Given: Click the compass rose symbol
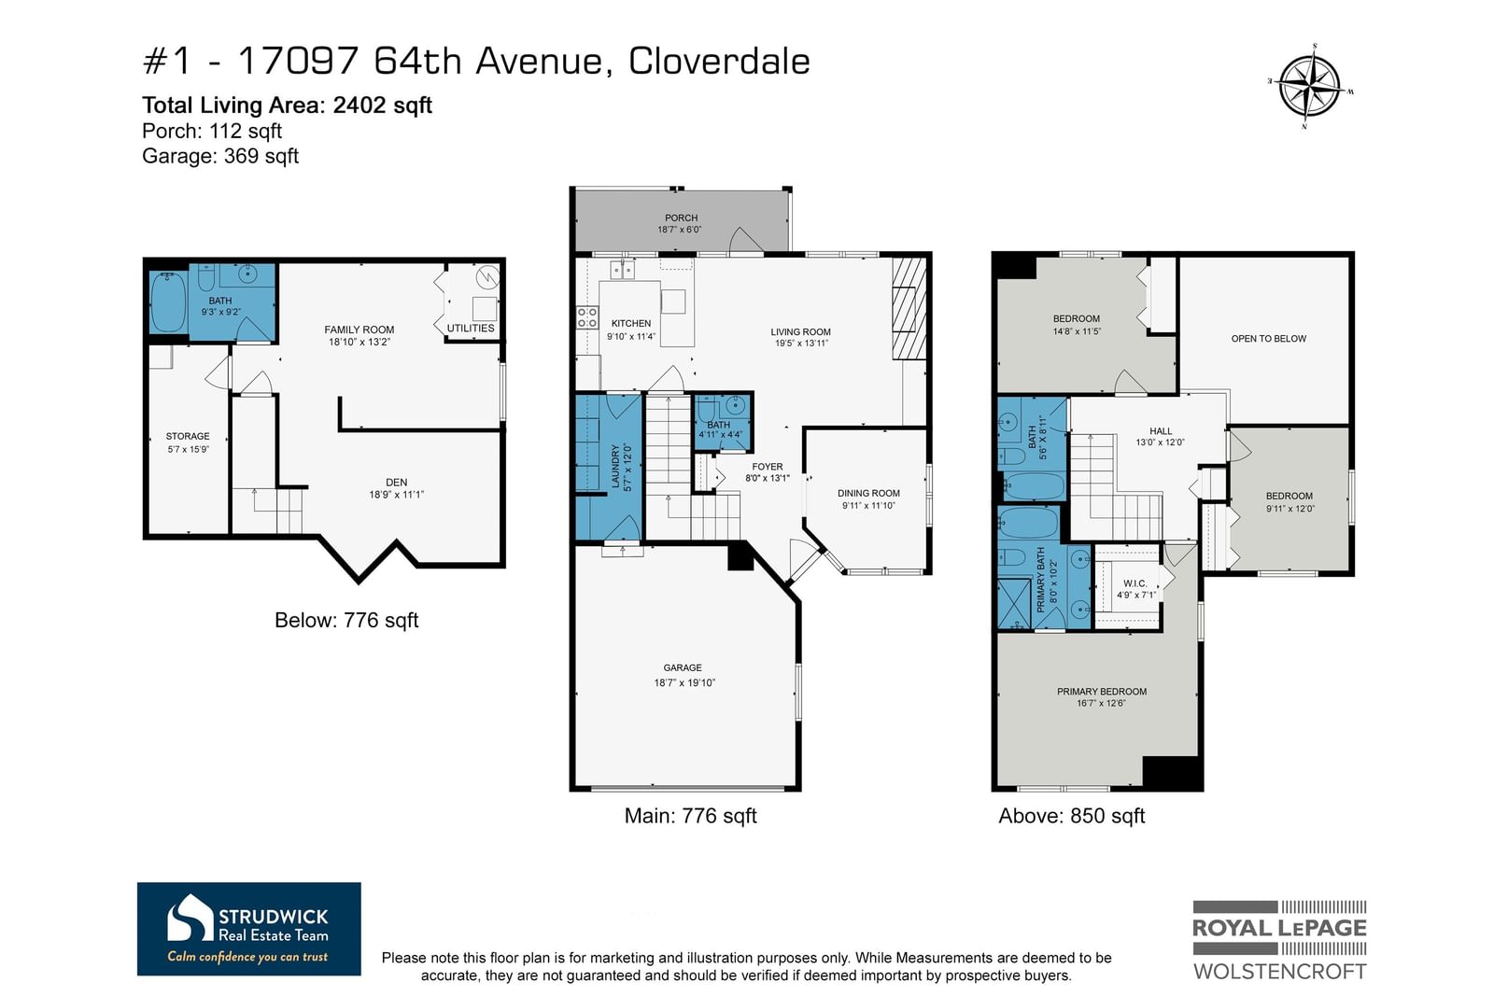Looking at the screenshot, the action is click(x=1310, y=86).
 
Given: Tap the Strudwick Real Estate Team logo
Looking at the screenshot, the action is click(x=248, y=929).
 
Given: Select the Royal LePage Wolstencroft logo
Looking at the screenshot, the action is click(x=1279, y=940).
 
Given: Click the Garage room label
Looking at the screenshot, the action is click(x=683, y=667).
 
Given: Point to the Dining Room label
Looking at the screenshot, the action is click(x=868, y=494).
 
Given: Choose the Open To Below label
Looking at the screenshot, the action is click(x=1269, y=339).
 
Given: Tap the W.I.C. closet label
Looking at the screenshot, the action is click(x=1135, y=583).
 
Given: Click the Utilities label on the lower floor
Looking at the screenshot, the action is click(x=471, y=328).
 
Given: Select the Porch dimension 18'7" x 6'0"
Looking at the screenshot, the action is click(x=680, y=230).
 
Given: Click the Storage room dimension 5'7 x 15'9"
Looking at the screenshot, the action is click(x=188, y=449).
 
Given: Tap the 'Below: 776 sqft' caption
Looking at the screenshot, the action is click(x=346, y=620).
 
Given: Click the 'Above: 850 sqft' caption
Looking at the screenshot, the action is click(x=1071, y=816).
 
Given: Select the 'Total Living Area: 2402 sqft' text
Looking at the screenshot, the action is click(x=287, y=105).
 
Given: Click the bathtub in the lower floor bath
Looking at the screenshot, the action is click(x=168, y=302).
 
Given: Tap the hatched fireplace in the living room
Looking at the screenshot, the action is click(x=909, y=309).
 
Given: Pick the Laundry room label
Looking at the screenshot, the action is click(x=615, y=466).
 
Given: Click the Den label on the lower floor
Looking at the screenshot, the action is click(x=396, y=482).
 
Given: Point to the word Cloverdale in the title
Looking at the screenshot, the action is click(x=719, y=62).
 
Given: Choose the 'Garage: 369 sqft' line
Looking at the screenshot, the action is click(x=220, y=156).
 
